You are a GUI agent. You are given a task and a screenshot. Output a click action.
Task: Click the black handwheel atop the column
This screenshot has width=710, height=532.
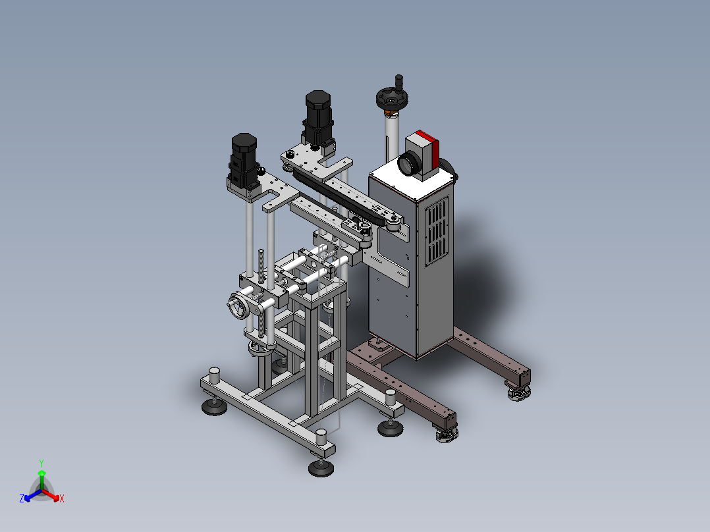click(392, 99)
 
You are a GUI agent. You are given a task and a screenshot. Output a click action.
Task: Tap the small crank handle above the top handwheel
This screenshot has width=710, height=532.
click(399, 82)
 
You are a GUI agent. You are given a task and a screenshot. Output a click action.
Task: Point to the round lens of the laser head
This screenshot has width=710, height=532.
click(408, 163)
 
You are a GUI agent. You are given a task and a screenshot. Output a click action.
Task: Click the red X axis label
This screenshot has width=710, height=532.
click(62, 498)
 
